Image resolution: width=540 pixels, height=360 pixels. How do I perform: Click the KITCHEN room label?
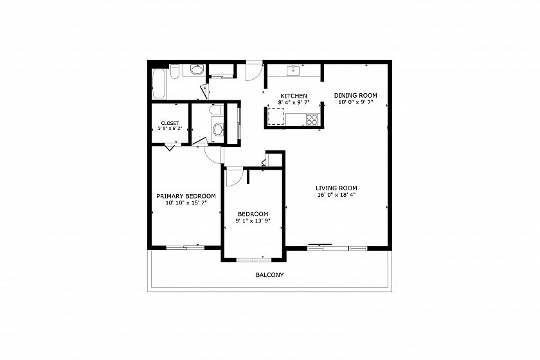[x=293, y=96]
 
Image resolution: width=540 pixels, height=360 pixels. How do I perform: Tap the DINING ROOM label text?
[x=355, y=95]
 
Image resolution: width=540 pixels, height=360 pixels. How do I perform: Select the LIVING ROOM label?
[x=336, y=188]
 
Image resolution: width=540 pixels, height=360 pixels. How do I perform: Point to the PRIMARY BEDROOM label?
[x=186, y=196]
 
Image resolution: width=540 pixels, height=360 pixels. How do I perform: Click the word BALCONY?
[x=269, y=275]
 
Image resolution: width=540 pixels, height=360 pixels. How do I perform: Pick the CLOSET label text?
[x=170, y=123]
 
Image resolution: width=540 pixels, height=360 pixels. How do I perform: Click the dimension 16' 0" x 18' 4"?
[x=336, y=195]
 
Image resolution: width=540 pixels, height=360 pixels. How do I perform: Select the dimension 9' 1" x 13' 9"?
[x=253, y=221]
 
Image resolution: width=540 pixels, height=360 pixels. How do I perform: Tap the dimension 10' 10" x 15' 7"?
[x=186, y=203]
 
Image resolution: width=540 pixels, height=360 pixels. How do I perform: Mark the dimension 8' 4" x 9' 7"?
[x=294, y=102]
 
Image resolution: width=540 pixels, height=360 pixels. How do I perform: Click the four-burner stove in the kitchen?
[x=312, y=120]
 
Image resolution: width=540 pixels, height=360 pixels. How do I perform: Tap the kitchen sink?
[x=293, y=71]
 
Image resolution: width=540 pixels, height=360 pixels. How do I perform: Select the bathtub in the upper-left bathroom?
[x=159, y=84]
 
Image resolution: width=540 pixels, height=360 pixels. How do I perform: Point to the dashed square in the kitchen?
[x=276, y=116]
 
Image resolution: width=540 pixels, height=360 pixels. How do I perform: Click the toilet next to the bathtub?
[x=175, y=71]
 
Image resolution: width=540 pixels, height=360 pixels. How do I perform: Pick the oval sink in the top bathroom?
[x=197, y=71]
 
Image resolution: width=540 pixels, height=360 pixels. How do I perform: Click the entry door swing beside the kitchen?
[x=255, y=71]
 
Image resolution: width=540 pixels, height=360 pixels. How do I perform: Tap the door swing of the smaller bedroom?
[x=235, y=177]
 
